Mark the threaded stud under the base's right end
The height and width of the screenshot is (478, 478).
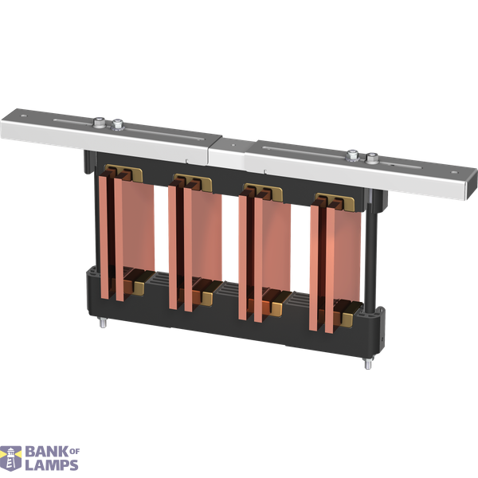(x=370, y=366)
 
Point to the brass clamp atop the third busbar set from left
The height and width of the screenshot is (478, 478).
(x=261, y=191)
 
